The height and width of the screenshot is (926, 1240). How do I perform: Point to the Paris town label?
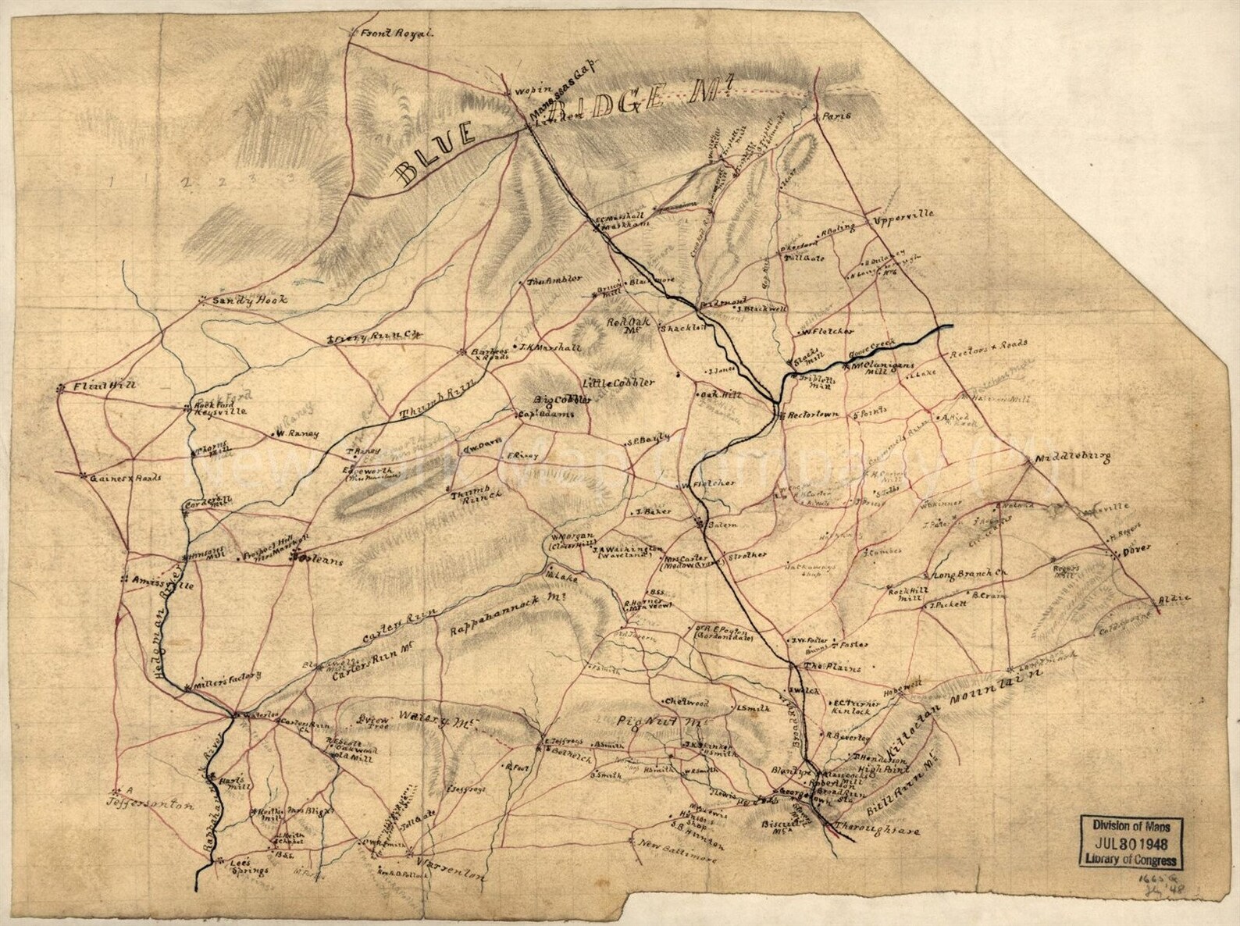pos(836,116)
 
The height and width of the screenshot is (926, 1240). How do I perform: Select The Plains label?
pos(832,668)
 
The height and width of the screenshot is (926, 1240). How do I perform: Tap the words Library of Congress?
pos(1131,860)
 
